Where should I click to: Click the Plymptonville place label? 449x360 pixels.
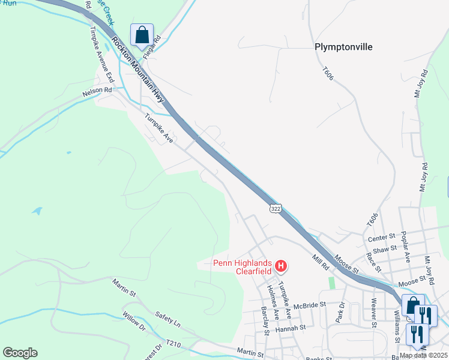343,47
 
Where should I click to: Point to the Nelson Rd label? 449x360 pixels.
97,91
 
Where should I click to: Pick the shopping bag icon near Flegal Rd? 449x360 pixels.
142,36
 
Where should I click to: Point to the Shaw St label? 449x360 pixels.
385,248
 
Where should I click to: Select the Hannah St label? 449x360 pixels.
291,328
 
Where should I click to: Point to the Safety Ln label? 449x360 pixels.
167,318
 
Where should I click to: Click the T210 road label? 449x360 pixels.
173,344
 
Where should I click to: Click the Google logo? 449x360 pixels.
20,352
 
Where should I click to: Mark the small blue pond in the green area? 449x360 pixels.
38,211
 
